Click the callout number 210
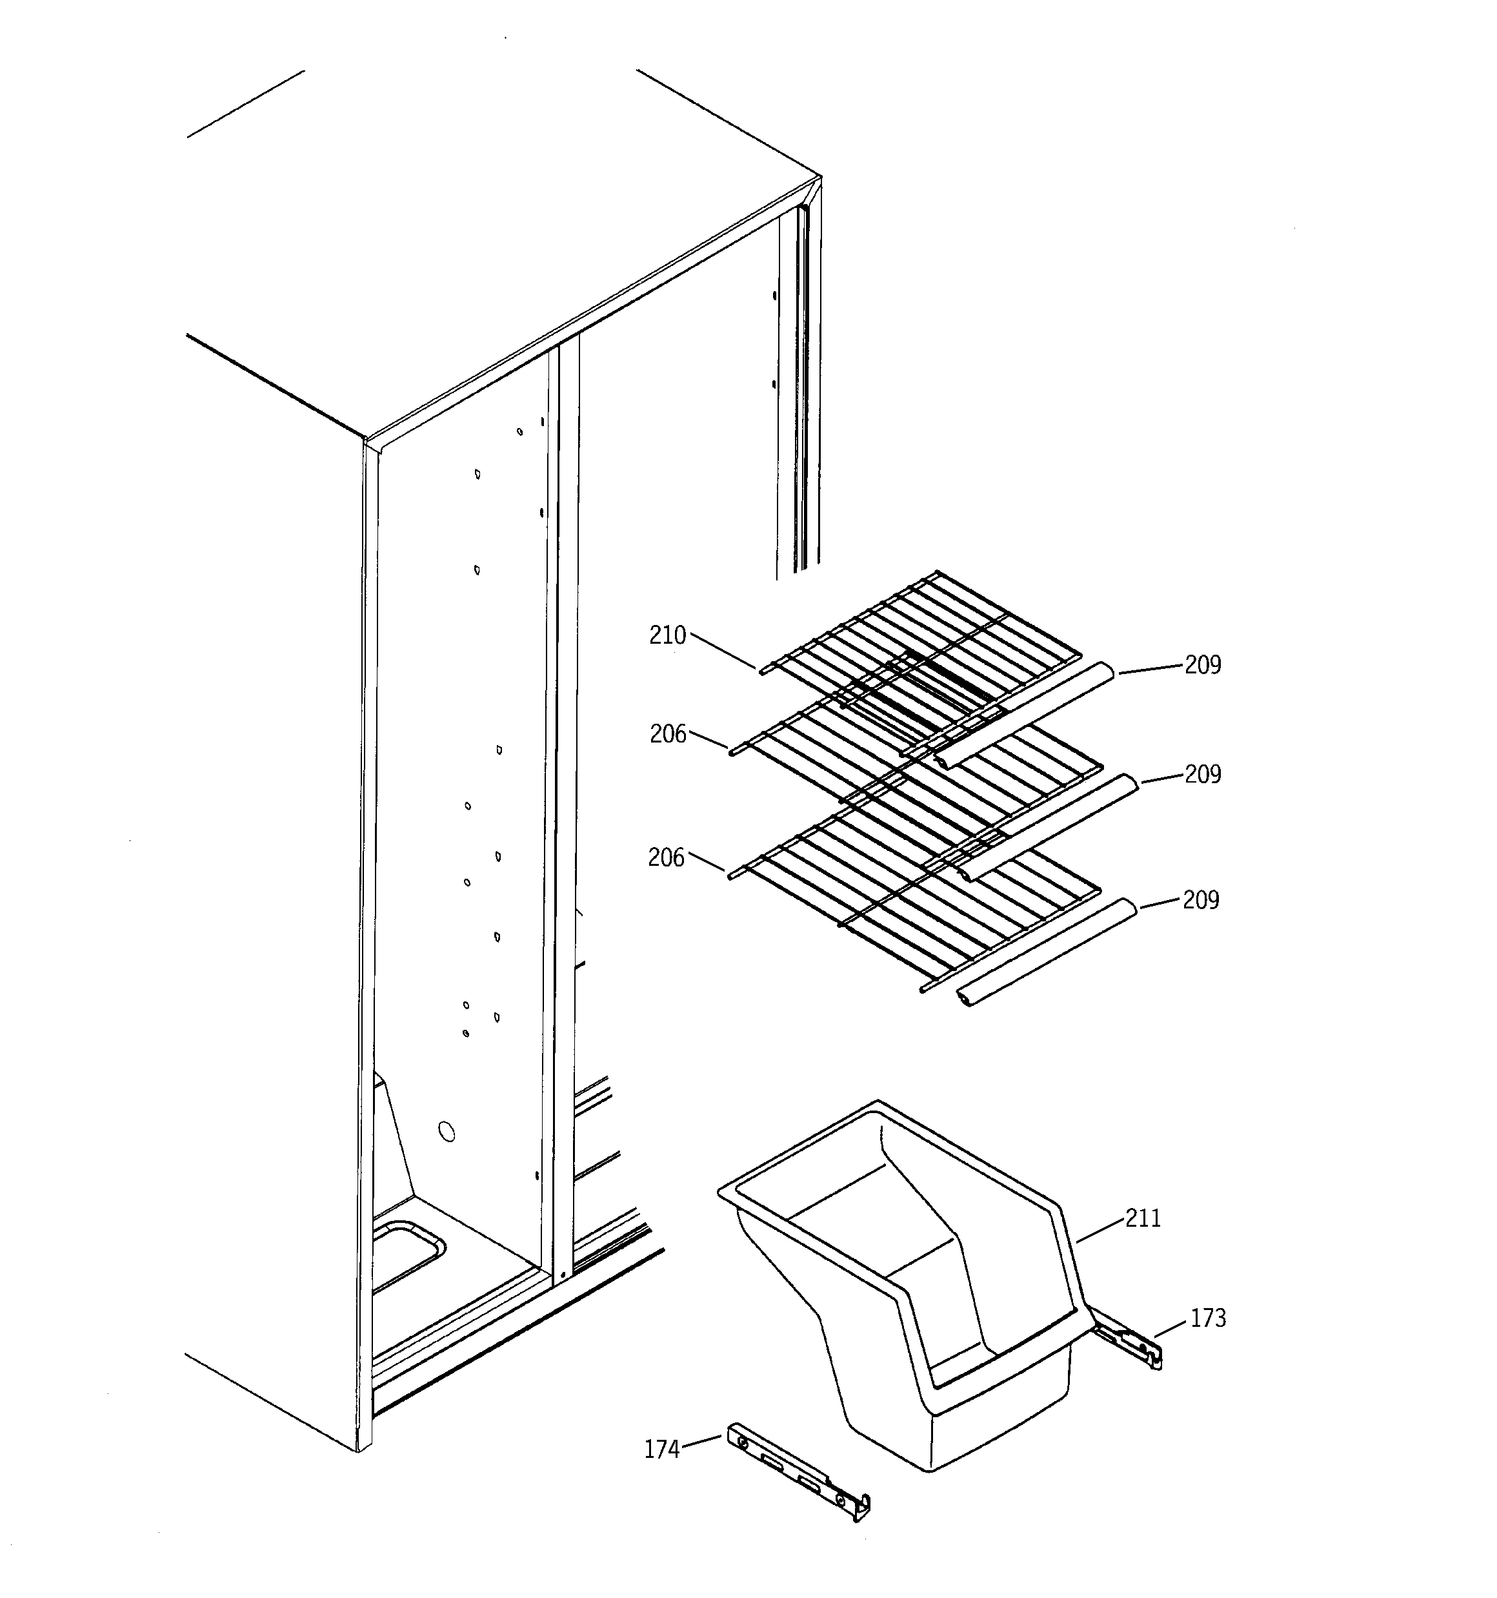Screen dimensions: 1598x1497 tap(667, 636)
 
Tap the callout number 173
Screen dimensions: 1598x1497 tap(1208, 1318)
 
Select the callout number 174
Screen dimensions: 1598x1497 tap(661, 1449)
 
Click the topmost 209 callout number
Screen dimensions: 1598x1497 tap(1202, 665)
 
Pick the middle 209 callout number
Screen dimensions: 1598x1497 tap(1202, 774)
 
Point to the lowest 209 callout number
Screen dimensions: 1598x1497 tap(1200, 900)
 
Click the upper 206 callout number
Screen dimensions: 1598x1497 tap(668, 734)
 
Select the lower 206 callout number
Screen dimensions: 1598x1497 tap(666, 859)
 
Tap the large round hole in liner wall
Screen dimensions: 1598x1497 tap(447, 1132)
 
